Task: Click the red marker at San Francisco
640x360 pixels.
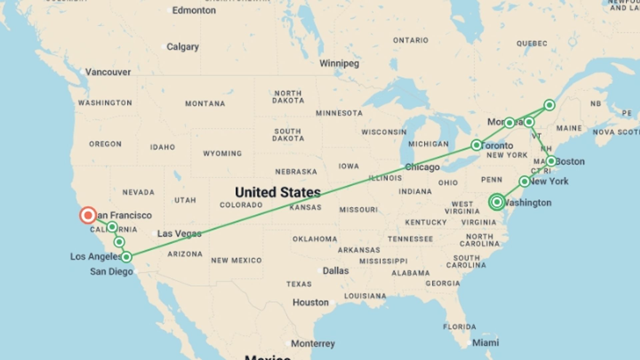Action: point(88,215)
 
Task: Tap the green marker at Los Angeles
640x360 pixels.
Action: point(126,257)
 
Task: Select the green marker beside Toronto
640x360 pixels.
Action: point(476,145)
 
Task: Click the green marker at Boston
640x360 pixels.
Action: point(551,161)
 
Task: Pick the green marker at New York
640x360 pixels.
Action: point(524,182)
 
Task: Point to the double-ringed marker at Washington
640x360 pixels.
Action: point(497,202)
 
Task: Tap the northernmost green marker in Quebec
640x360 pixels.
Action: point(549,105)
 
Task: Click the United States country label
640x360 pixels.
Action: point(278,192)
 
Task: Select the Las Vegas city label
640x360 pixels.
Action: point(179,233)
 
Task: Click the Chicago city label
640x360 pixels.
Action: point(422,167)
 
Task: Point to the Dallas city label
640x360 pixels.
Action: point(335,271)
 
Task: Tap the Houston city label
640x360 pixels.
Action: point(310,302)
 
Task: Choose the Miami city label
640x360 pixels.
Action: point(485,343)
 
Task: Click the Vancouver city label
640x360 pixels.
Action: point(108,72)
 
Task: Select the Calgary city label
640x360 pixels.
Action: point(182,47)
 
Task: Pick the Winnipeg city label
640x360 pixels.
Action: point(339,63)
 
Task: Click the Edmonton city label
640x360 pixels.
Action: point(194,10)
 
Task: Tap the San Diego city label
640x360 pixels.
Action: point(111,272)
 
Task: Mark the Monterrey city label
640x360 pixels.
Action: point(313,344)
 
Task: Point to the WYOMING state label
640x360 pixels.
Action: point(222,154)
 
